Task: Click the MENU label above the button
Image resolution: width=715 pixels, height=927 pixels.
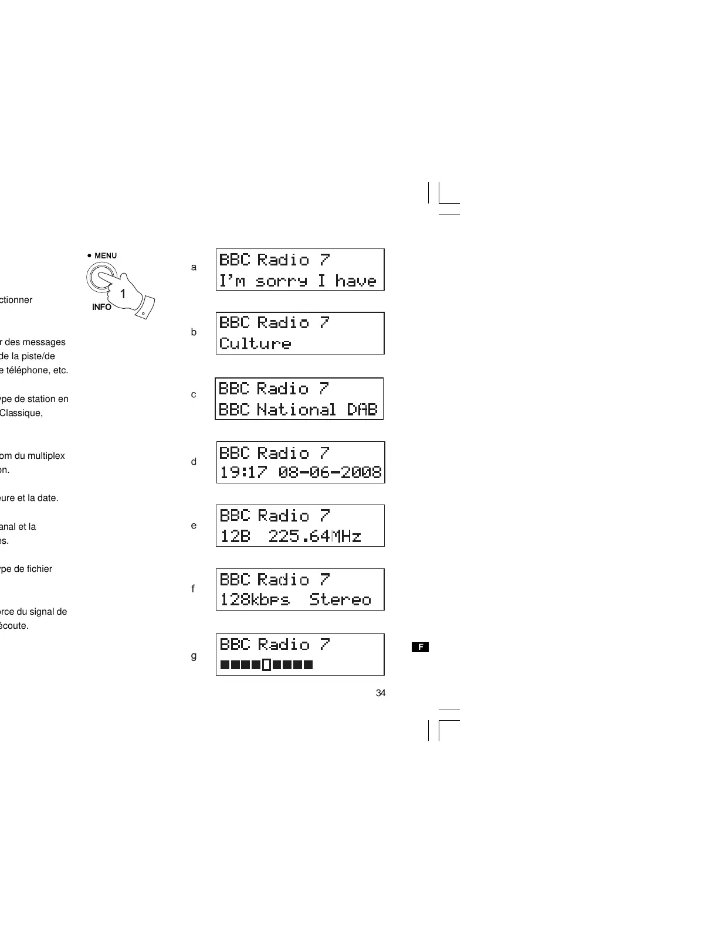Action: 106,255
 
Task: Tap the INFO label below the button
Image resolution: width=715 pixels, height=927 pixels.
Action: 101,307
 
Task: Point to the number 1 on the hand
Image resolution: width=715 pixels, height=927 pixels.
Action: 123,294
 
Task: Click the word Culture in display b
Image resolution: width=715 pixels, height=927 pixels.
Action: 255,343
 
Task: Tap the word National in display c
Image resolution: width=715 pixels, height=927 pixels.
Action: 297,410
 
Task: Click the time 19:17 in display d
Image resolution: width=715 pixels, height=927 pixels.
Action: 243,472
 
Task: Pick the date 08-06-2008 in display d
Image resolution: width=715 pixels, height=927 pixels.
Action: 330,472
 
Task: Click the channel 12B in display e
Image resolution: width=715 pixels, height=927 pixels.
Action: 235,536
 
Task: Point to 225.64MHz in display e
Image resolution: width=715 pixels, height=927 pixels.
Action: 315,536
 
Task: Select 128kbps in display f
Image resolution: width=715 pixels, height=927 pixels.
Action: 255,600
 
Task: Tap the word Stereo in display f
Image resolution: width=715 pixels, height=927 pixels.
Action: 341,600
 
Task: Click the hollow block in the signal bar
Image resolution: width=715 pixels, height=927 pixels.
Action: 266,665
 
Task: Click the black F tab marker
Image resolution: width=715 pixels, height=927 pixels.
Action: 420,647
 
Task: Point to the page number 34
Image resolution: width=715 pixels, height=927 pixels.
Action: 381,693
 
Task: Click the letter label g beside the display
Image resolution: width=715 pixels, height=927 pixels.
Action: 194,656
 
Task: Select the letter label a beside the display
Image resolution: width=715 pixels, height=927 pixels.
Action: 194,267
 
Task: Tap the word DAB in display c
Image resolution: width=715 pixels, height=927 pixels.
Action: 362,410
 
